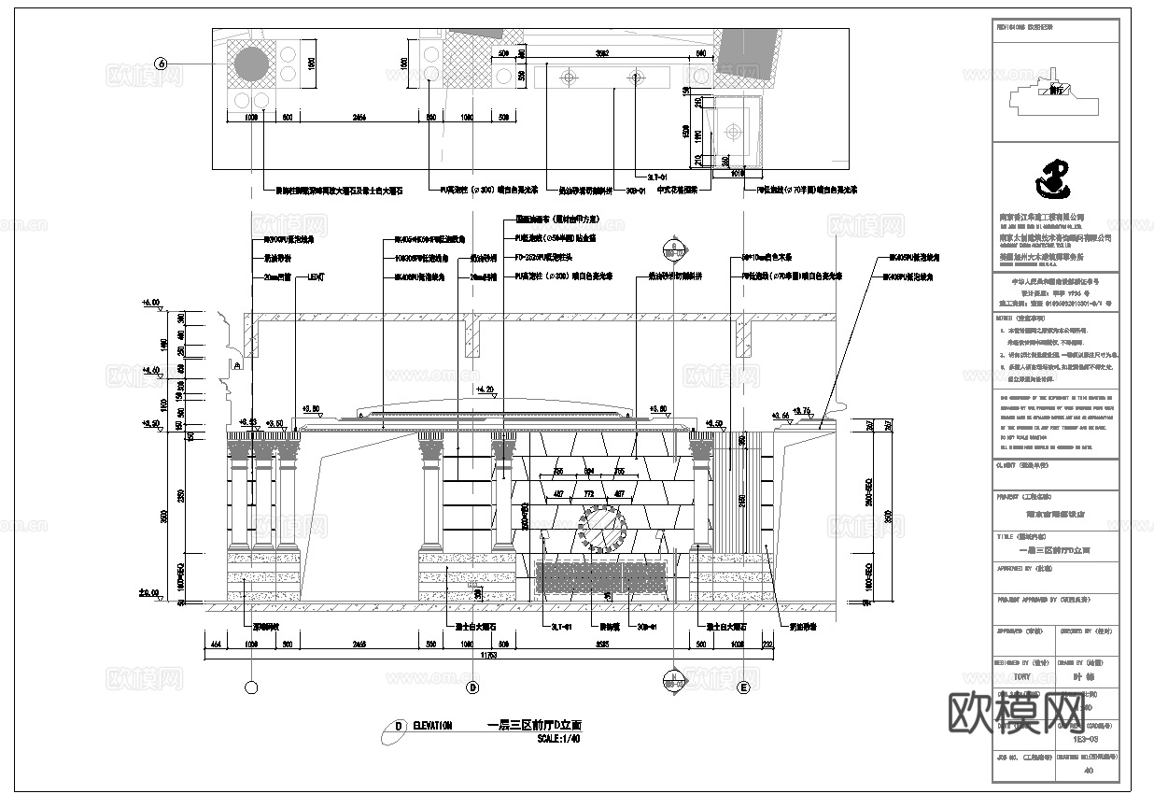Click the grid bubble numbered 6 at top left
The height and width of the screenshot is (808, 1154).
(162, 64)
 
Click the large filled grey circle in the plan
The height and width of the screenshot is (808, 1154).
(250, 64)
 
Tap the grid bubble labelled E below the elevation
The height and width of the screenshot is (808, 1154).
(744, 688)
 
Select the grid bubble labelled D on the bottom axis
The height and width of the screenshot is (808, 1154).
(472, 688)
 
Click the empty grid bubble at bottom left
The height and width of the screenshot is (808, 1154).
(250, 688)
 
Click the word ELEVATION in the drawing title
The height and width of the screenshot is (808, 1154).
(432, 726)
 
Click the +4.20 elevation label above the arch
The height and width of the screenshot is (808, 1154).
(484, 390)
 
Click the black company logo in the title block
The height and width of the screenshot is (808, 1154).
(1055, 180)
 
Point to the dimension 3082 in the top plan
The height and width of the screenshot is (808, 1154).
(603, 53)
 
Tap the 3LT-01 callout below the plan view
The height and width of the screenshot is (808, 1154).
(658, 175)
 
